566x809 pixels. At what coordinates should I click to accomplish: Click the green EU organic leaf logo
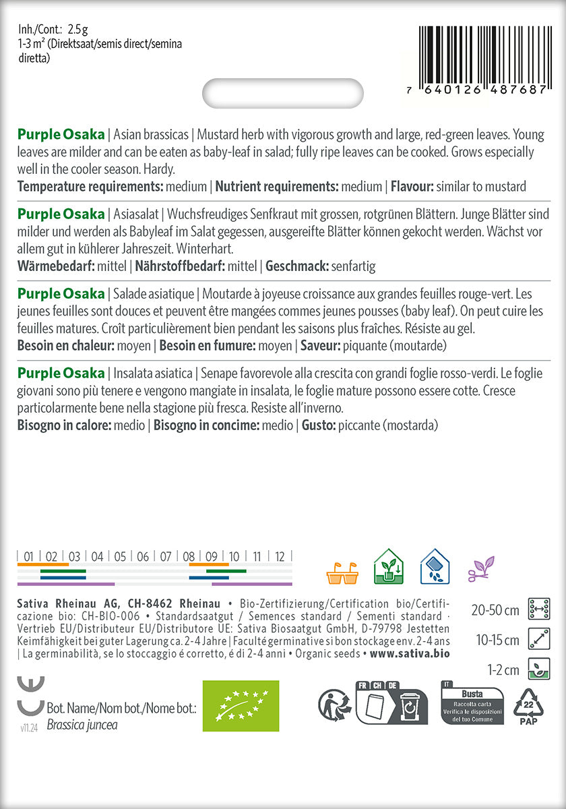point(241,706)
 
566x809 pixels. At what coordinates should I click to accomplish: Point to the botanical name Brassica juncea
point(82,725)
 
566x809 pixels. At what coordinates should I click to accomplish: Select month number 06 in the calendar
point(143,557)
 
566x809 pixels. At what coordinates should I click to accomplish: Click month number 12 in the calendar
point(280,557)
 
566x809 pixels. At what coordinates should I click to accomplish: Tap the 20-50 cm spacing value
point(495,611)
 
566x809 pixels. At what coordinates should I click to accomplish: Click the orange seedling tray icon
point(342,571)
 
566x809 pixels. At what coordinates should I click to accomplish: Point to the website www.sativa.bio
point(410,654)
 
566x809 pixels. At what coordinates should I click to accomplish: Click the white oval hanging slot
point(283,93)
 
